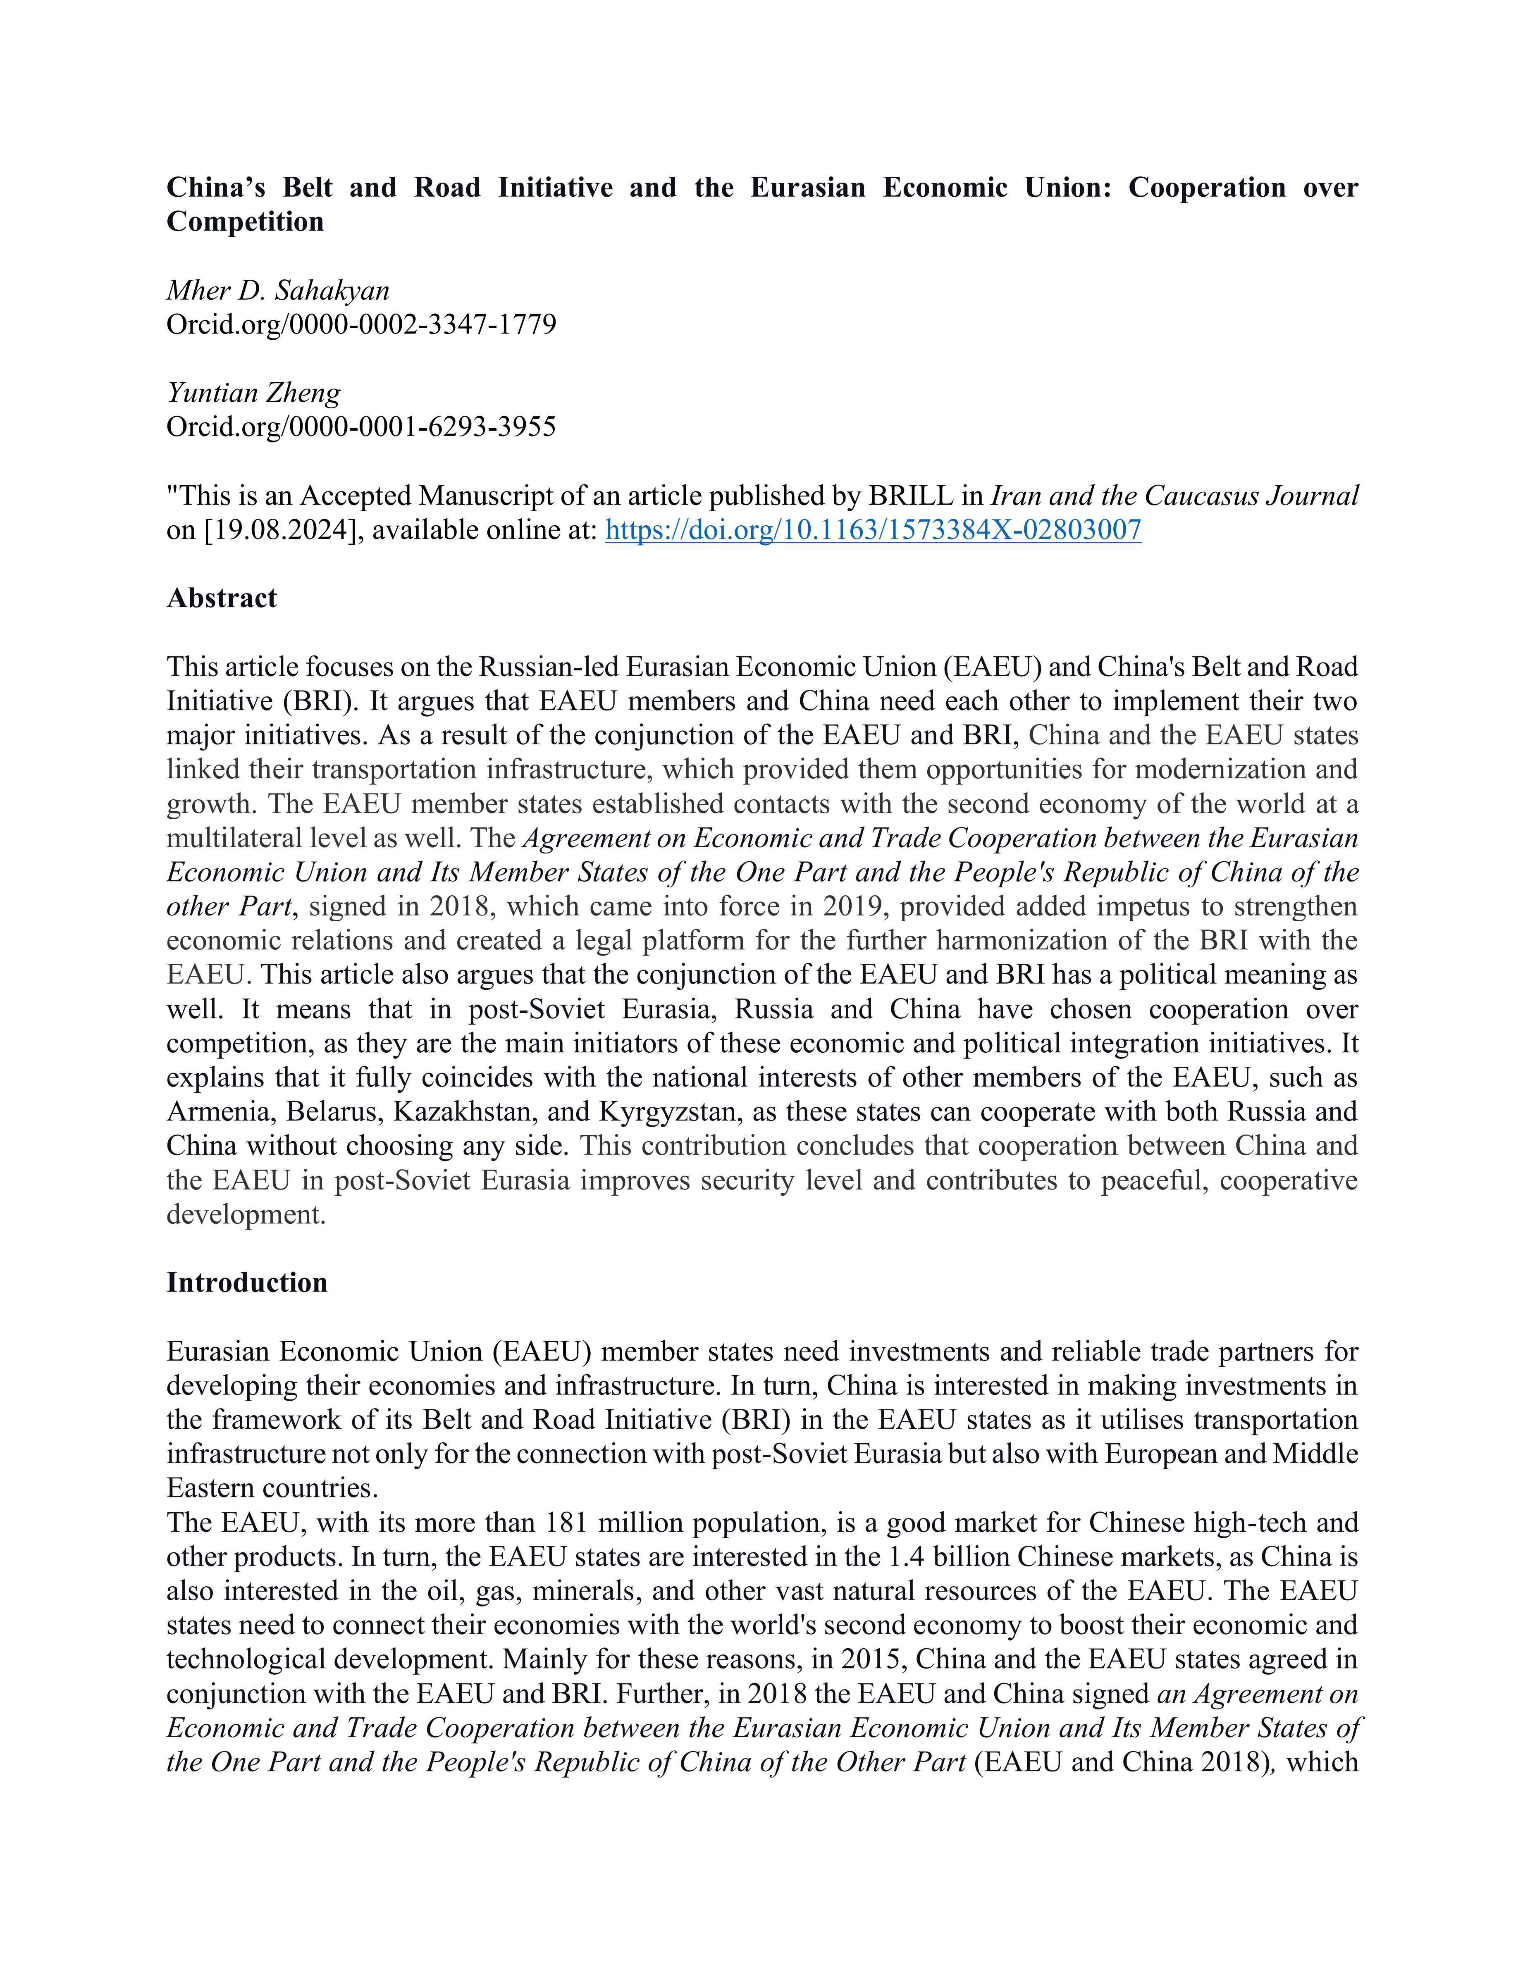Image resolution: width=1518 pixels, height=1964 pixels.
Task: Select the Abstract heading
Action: pos(221,598)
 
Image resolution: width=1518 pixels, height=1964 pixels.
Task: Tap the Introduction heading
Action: pos(246,1282)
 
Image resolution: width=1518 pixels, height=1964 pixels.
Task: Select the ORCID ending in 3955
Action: pos(361,426)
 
